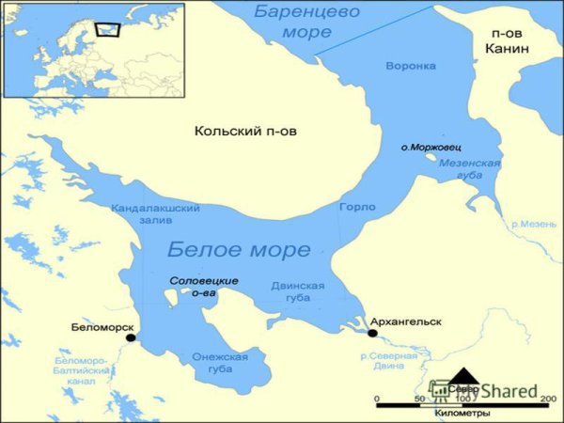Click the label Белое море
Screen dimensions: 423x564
tap(238, 250)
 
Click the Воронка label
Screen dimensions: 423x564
tap(410, 66)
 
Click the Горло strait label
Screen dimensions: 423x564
tap(356, 207)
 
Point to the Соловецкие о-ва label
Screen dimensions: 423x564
tap(203, 287)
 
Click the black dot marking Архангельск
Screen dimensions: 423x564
tap(372, 333)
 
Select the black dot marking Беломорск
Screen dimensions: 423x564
tap(132, 337)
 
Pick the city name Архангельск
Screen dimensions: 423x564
tap(405, 321)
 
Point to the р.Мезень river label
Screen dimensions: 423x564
tap(531, 226)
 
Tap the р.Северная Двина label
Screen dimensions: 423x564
tap(389, 362)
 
